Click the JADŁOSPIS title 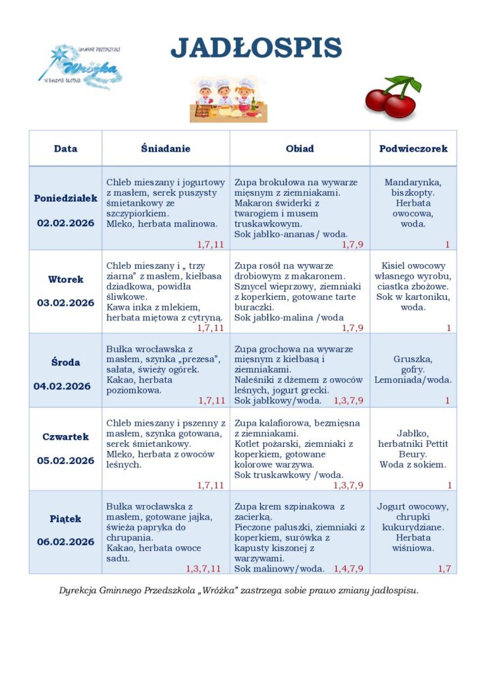click(256, 48)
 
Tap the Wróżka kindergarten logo click(80, 66)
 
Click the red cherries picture click(393, 98)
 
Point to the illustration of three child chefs click(224, 99)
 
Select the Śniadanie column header click(165, 148)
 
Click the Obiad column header click(300, 148)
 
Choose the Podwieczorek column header click(413, 148)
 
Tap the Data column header click(65, 148)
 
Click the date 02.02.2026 click(65, 223)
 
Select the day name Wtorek click(65, 279)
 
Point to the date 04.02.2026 click(63, 386)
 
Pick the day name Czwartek click(65, 436)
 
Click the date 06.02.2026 click(65, 542)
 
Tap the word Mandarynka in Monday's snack click(413, 182)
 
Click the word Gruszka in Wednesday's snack click(413, 359)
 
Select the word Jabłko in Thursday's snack click(413, 433)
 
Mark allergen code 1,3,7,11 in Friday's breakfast click(203, 568)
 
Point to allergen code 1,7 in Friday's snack click(445, 568)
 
